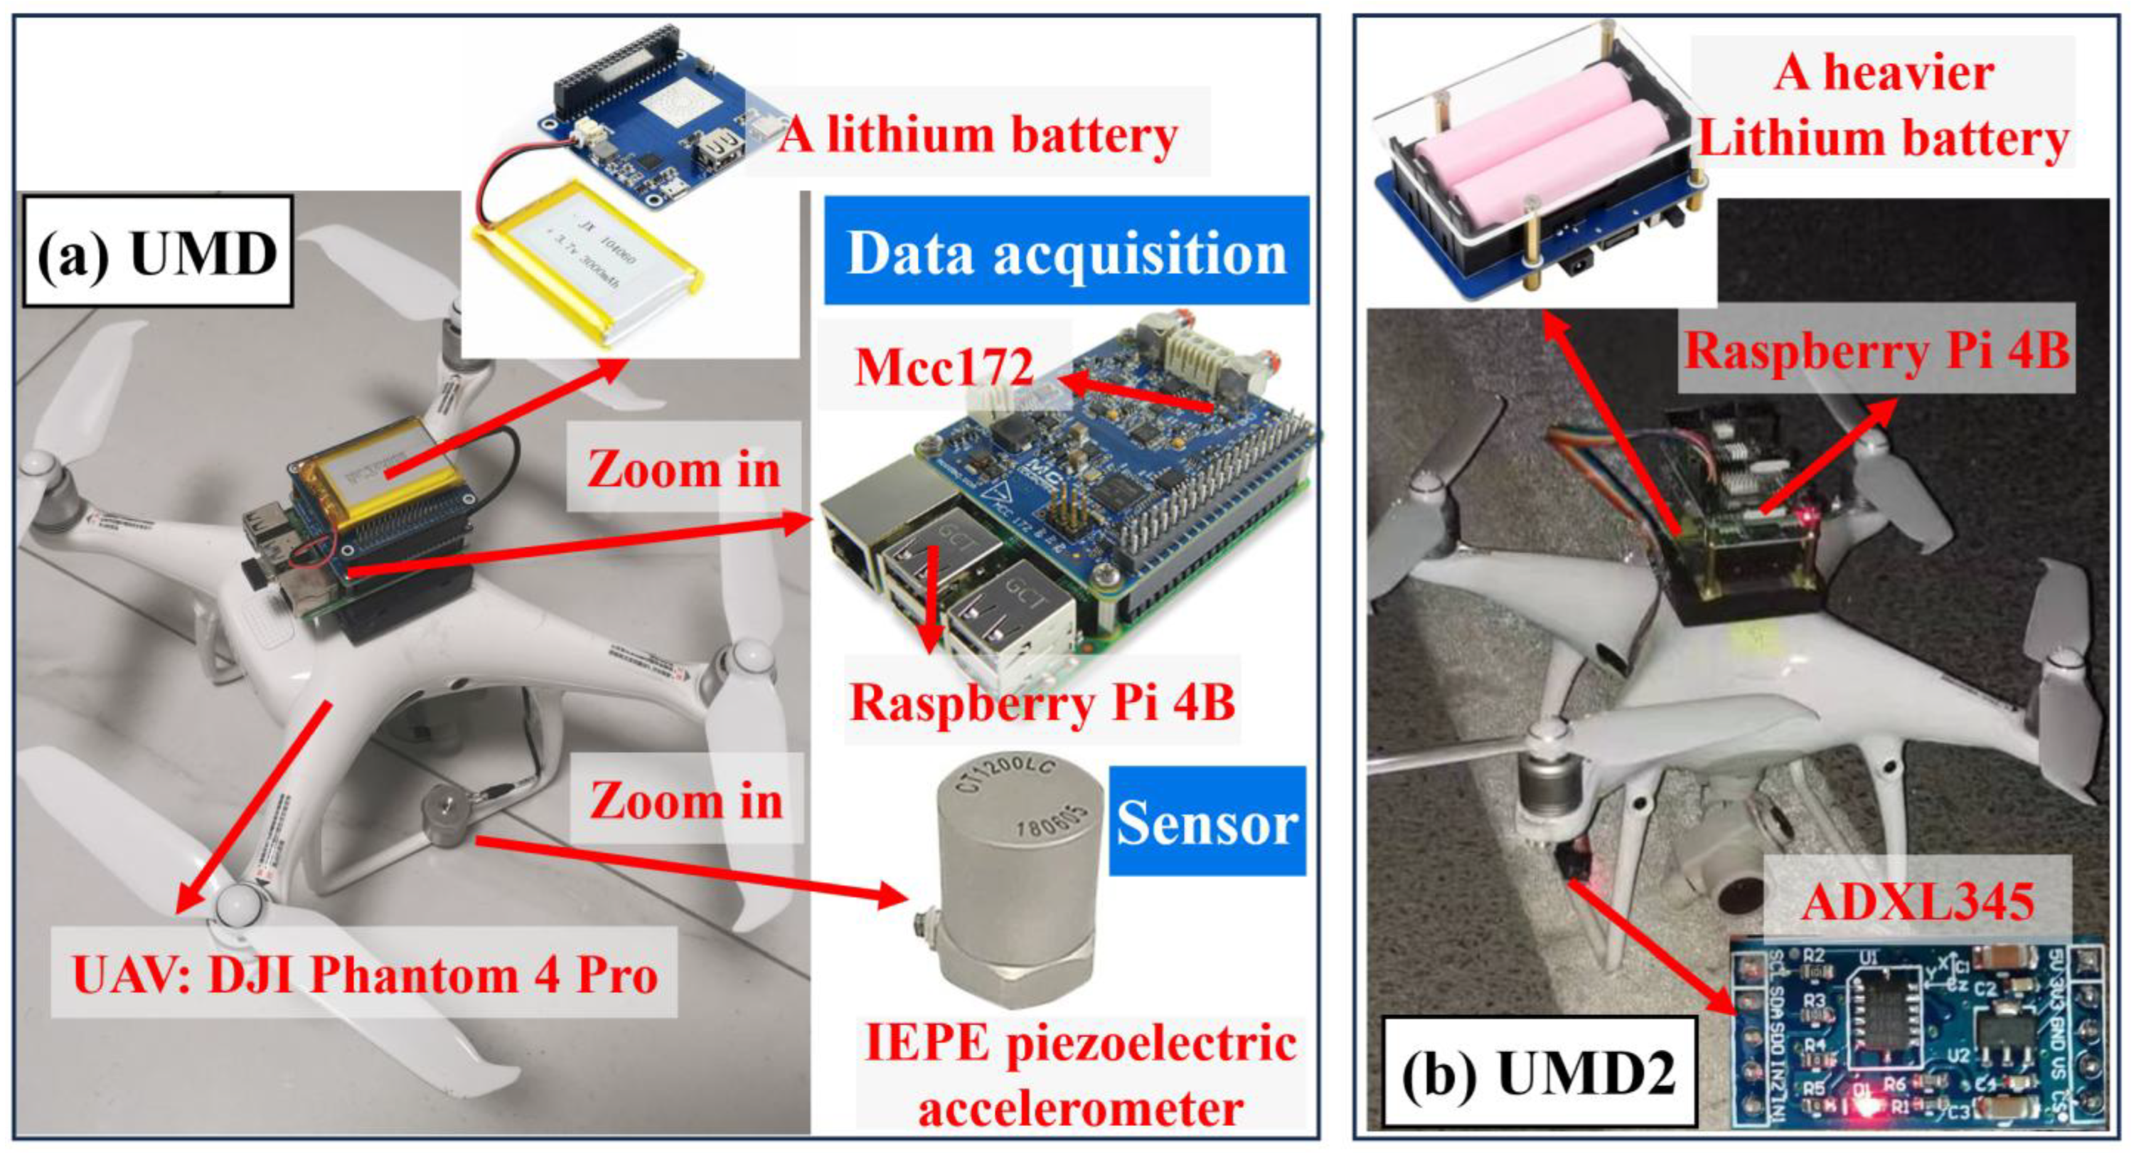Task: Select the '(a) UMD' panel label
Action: pyautogui.click(x=157, y=252)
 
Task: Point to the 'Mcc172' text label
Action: pyautogui.click(x=944, y=367)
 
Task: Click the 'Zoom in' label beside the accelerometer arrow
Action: pyautogui.click(x=686, y=800)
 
